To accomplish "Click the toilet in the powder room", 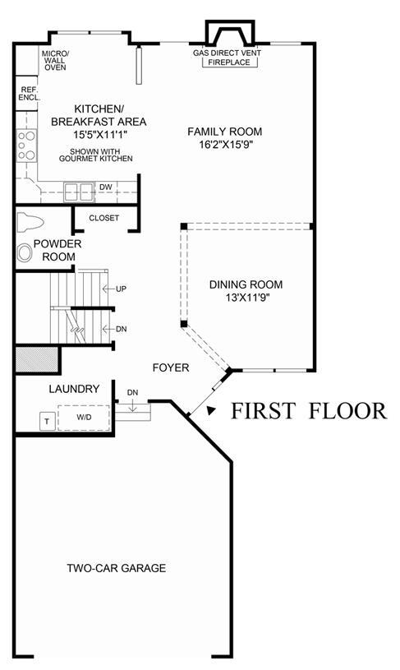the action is pyautogui.click(x=30, y=223).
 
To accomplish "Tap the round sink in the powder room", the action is pyautogui.click(x=25, y=252).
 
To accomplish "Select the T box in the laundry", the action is pyautogui.click(x=47, y=421).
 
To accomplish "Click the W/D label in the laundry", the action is pyautogui.click(x=84, y=417).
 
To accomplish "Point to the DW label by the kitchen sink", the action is pyautogui.click(x=105, y=187).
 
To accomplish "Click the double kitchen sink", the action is pyautogui.click(x=79, y=192).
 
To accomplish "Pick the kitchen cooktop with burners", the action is pyautogui.click(x=26, y=146).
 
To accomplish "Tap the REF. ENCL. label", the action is pyautogui.click(x=30, y=94).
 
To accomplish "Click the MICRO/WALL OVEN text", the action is pyautogui.click(x=55, y=60).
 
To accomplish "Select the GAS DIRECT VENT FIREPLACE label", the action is pyautogui.click(x=227, y=58).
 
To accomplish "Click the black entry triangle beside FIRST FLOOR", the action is pyautogui.click(x=210, y=410).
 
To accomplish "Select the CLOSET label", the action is pyautogui.click(x=104, y=218).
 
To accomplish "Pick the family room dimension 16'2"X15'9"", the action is pyautogui.click(x=226, y=145).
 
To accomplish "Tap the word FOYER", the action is pyautogui.click(x=171, y=367).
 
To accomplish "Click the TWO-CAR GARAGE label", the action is pyautogui.click(x=116, y=568).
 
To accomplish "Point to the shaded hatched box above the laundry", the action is pyautogui.click(x=37, y=359).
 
